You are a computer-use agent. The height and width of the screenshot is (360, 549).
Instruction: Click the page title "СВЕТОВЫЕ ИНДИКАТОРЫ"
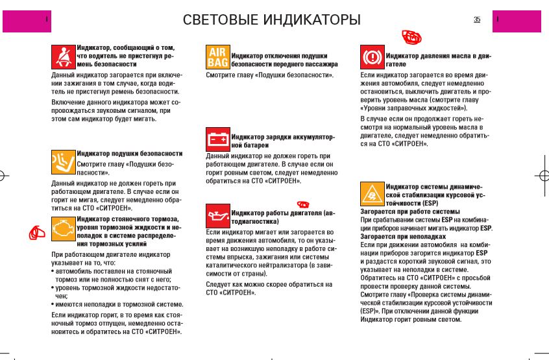tap(271, 20)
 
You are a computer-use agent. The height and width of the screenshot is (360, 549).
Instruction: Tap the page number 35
tap(477, 19)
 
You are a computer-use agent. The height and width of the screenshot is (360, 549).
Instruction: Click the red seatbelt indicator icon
tap(64, 56)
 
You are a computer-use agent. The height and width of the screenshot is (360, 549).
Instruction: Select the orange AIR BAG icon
tap(217, 57)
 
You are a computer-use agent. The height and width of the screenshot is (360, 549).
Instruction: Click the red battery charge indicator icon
tap(217, 139)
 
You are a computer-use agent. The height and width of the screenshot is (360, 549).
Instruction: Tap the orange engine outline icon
tap(64, 228)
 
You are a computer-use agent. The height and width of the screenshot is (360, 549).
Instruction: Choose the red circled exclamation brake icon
tap(372, 57)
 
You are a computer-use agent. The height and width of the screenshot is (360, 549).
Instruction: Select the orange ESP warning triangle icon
tap(372, 193)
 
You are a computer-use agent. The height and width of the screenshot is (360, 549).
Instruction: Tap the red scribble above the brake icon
tap(411, 37)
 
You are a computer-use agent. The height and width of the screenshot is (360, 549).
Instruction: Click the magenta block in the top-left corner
tap(26, 21)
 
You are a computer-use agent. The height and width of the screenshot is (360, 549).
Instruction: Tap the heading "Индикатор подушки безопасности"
tap(130, 154)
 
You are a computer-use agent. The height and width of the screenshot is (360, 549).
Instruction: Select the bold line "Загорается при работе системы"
tap(409, 211)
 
